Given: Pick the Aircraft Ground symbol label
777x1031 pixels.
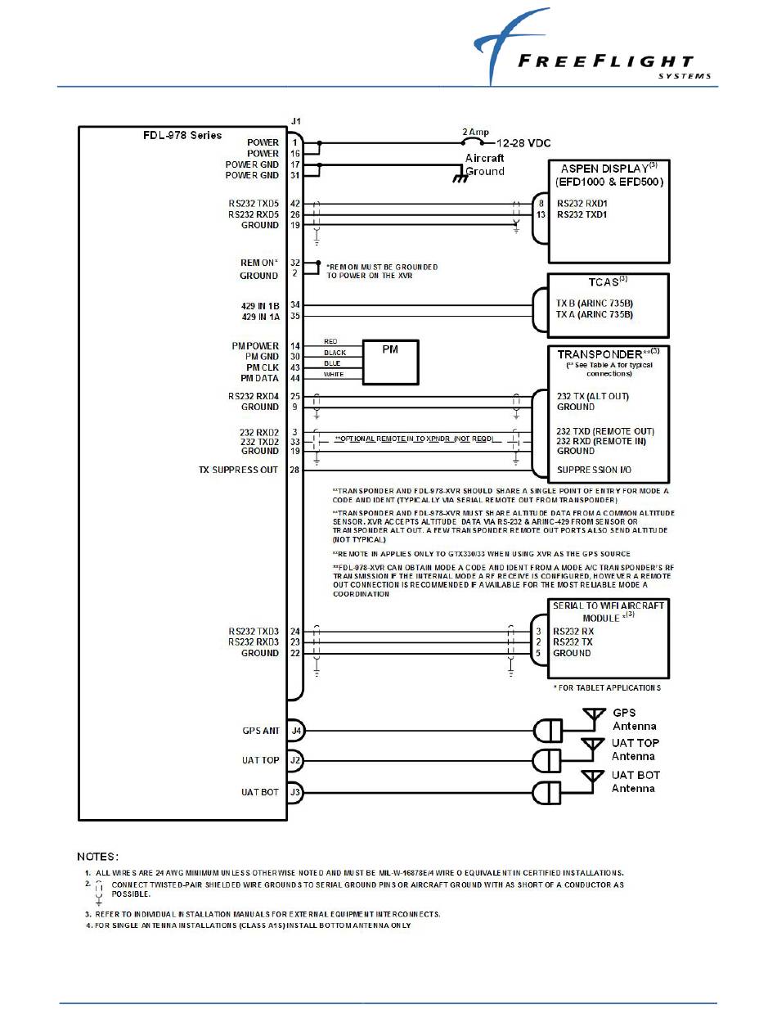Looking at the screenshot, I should [485, 164].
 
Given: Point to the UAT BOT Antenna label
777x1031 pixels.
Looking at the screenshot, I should [636, 781].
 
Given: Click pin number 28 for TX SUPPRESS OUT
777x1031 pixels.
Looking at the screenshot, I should [294, 470].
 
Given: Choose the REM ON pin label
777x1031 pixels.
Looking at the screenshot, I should [258, 263].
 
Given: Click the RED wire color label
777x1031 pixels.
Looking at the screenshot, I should [330, 341].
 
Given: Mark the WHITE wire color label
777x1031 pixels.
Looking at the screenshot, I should [335, 375].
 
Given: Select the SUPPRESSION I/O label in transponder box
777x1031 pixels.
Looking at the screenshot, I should [595, 470].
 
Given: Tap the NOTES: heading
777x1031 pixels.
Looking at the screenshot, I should [98, 857].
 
